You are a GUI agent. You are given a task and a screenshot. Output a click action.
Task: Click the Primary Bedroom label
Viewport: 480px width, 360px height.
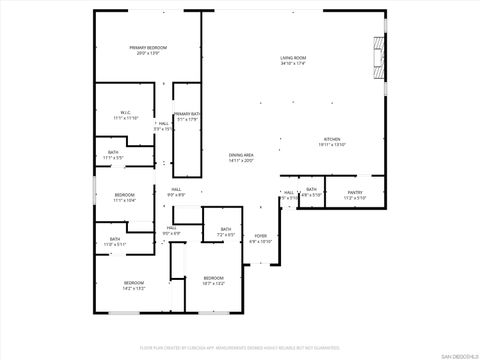click(147, 48)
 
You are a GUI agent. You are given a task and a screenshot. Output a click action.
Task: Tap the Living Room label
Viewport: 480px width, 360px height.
click(293, 59)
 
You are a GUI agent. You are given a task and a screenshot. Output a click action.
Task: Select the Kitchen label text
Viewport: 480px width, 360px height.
click(332, 140)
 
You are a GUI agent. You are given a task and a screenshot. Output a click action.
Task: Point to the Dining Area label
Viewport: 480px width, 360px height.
click(241, 155)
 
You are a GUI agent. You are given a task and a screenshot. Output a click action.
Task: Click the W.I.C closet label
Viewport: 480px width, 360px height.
click(126, 113)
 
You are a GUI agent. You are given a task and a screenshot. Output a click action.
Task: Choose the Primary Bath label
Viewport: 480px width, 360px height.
click(187, 115)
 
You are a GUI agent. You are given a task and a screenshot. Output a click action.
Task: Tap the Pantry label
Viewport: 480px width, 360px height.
click(355, 192)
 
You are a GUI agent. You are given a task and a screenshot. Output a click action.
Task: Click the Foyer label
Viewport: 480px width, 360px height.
click(260, 236)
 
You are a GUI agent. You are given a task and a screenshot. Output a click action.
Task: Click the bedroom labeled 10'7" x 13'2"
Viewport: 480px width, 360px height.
click(213, 278)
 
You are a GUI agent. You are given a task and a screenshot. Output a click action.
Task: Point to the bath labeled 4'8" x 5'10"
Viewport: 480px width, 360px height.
click(311, 190)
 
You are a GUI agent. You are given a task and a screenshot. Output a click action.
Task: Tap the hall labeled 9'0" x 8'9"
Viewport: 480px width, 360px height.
click(175, 190)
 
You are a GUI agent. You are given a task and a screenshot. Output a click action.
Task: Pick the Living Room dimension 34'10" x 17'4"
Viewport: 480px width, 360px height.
click(293, 65)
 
